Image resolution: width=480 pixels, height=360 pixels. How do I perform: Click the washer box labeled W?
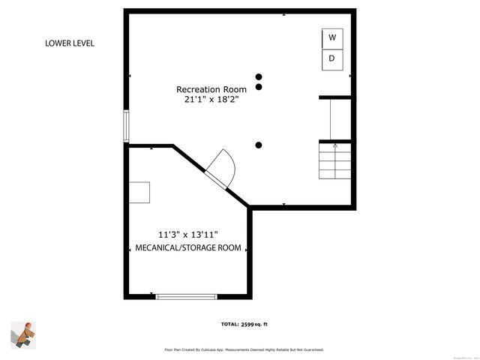pos(332,37)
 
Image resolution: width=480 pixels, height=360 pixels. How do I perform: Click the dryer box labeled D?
pos(332,59)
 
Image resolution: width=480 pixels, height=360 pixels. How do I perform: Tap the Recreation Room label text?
pos(211,88)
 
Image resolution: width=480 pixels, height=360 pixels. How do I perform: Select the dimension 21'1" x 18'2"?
pos(211,100)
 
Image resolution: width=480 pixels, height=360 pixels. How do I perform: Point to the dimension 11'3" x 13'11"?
pos(188,234)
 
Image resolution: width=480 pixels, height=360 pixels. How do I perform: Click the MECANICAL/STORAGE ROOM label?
pos(188,247)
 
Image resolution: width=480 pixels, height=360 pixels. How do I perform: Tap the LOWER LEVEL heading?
pos(70,43)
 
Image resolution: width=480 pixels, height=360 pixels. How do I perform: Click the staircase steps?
pos(334,160)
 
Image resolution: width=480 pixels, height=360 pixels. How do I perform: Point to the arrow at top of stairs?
pos(334,144)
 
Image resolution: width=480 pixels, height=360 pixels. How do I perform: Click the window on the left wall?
pos(127,127)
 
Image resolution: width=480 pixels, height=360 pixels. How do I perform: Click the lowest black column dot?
pos(259,145)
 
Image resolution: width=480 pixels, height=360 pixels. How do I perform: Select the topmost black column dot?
pos(259,76)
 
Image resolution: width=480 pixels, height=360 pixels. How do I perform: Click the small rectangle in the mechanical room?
pos(139,192)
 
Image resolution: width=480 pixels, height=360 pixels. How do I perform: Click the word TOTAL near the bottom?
pos(229,324)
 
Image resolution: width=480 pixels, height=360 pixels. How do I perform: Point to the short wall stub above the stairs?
pos(335,97)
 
